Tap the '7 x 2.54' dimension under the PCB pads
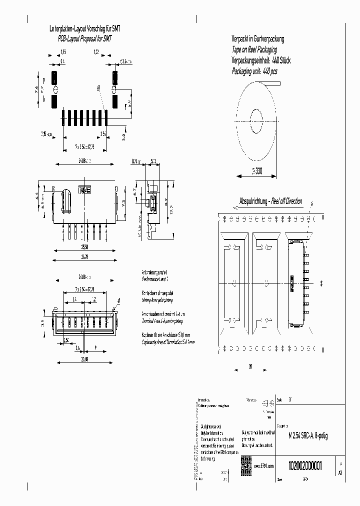tap(84, 147)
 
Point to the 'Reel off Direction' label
tap(286, 201)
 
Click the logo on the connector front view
tap(84, 190)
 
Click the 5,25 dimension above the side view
tap(153, 161)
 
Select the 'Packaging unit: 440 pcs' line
tap(254, 71)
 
